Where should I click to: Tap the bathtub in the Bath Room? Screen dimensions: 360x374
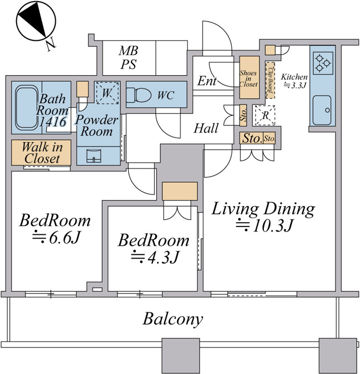(x=26, y=108)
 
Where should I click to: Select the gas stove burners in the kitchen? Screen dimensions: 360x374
(x=323, y=63)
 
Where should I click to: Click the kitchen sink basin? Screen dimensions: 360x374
(x=321, y=110)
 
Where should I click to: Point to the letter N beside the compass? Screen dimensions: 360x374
(x=51, y=45)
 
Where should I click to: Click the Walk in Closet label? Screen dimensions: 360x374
(x=42, y=152)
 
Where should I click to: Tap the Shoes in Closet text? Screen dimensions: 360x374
(x=248, y=78)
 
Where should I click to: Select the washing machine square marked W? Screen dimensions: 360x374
(x=107, y=93)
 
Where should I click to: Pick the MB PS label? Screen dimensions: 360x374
(x=129, y=57)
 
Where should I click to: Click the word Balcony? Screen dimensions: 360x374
(x=173, y=319)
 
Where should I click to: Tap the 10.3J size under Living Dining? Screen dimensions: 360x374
(x=264, y=225)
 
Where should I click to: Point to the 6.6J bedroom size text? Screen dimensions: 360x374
(x=56, y=238)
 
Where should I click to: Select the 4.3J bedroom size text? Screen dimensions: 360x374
(x=155, y=257)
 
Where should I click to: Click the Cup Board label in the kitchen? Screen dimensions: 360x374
(x=270, y=80)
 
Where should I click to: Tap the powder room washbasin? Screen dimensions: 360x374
(x=93, y=156)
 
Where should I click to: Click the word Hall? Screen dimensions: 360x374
(x=206, y=128)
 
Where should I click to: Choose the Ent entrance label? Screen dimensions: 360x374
(x=207, y=81)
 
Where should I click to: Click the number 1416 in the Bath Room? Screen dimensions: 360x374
(x=52, y=122)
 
